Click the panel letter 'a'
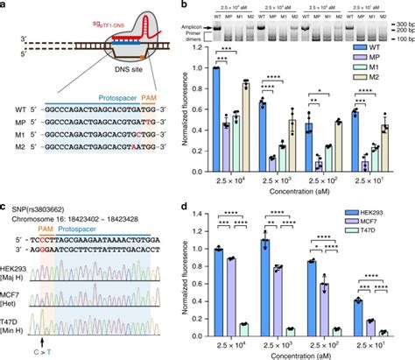4,6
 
